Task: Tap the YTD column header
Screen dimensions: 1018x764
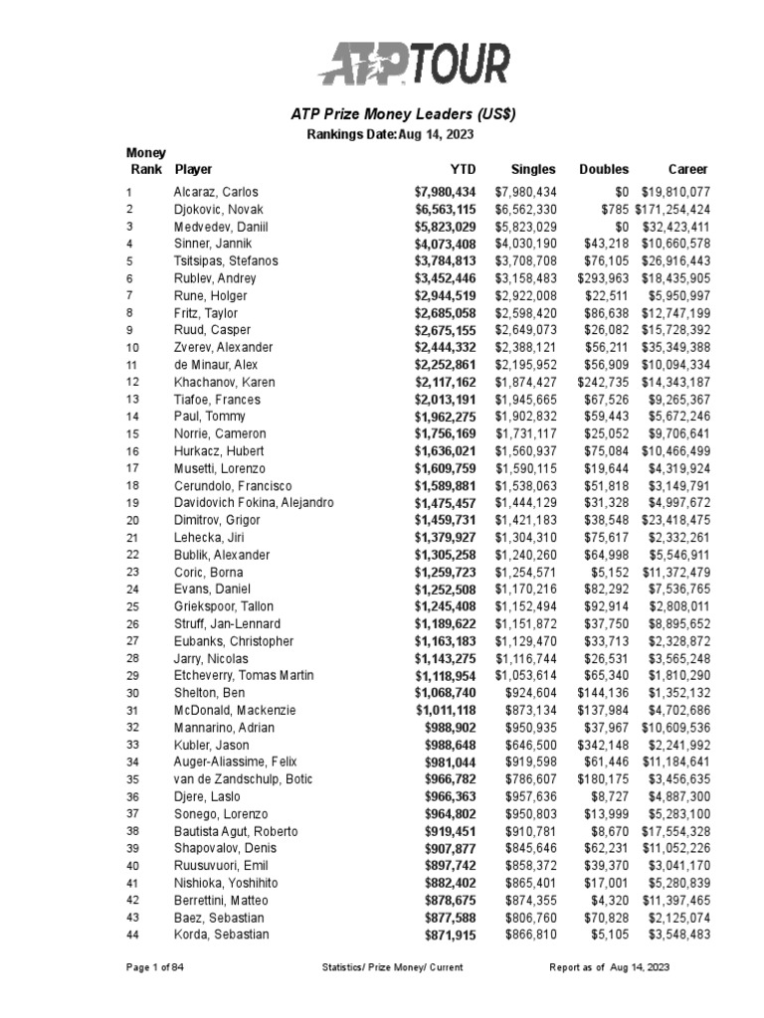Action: coord(463,170)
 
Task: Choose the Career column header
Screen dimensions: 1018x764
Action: coord(687,170)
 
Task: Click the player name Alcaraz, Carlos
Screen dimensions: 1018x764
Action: coord(216,192)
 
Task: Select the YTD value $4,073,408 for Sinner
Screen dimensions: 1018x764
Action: coord(446,244)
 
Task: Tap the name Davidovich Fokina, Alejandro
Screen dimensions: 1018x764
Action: coord(254,503)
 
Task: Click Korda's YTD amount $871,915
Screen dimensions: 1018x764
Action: coord(451,934)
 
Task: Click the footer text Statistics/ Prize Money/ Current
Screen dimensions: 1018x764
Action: coord(393,967)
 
